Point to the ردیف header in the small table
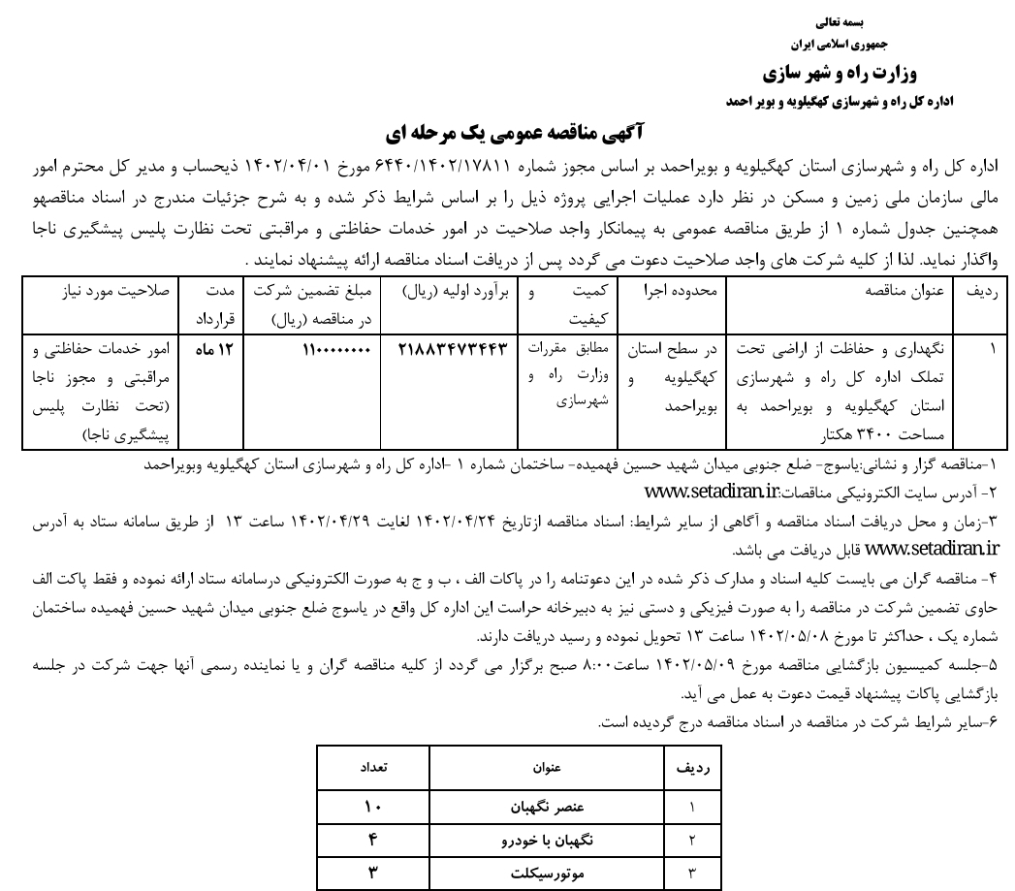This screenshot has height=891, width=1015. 692,768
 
